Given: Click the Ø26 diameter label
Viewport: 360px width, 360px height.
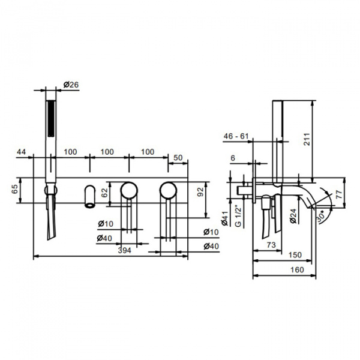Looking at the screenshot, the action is point(71,85).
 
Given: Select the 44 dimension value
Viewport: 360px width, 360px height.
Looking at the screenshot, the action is point(22,152).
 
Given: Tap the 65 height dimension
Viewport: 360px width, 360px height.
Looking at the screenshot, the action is point(14,189).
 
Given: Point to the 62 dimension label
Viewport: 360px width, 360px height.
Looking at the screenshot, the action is point(104,193).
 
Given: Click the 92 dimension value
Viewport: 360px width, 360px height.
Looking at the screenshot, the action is point(200,192).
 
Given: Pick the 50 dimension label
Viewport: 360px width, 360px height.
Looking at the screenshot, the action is point(178,157).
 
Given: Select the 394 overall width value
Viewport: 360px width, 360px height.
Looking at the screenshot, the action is point(124,250).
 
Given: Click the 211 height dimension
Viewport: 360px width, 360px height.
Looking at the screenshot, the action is point(307,139).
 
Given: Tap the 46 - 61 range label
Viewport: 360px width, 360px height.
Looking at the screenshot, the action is point(236,136).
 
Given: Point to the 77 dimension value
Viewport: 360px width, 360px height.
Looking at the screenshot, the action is point(339,194).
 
